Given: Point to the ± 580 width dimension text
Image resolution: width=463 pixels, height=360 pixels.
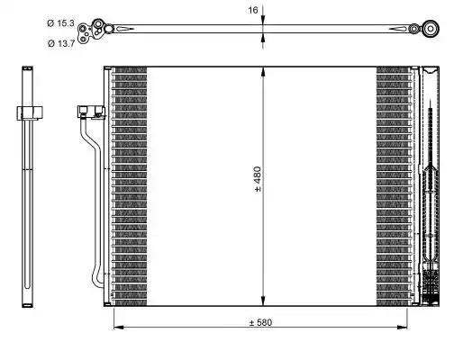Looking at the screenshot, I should (261, 323).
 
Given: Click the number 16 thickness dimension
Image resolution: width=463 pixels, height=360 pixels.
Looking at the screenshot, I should (254, 10).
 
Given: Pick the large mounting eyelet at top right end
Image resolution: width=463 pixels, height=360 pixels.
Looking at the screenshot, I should (430, 30).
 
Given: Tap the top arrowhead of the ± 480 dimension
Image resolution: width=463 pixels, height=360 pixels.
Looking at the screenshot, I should (262, 71).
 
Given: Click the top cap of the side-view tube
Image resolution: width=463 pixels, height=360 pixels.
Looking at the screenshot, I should (28, 70).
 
